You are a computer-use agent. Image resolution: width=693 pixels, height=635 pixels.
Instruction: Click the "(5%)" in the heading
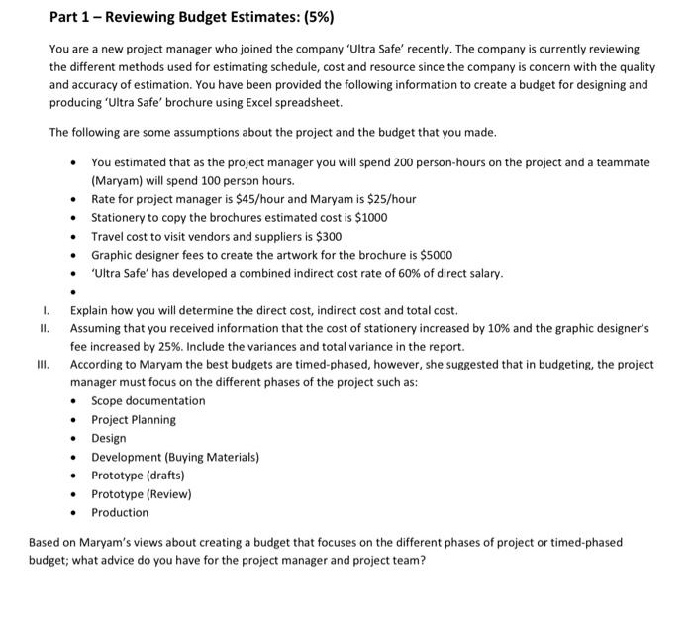click(315, 18)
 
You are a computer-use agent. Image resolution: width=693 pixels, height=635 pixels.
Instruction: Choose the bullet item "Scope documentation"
click(148, 401)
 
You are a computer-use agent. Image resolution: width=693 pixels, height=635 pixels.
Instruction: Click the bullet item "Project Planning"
click(134, 420)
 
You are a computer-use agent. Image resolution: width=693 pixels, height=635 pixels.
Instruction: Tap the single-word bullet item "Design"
click(109, 438)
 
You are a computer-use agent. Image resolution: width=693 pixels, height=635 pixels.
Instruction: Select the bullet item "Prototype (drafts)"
click(138, 476)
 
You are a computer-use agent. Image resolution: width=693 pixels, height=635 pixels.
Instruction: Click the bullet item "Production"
click(120, 512)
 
